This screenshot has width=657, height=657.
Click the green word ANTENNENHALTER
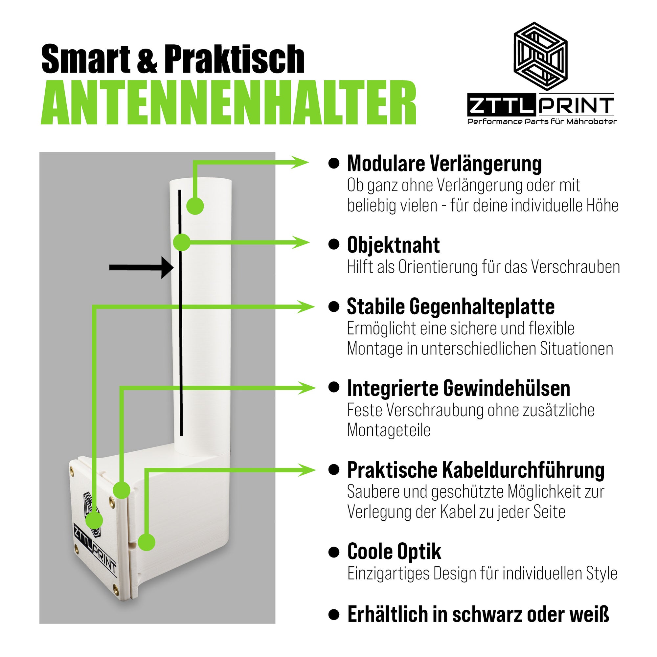pyautogui.click(x=229, y=103)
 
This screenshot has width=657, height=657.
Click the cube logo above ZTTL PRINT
pyautogui.click(x=540, y=57)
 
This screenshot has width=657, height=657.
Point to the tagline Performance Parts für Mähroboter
pyautogui.click(x=542, y=122)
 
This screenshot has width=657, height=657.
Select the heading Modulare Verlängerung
pyautogui.click(x=444, y=164)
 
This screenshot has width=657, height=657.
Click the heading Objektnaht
pyautogui.click(x=393, y=245)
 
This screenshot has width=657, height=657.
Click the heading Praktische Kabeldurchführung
pyautogui.click(x=475, y=470)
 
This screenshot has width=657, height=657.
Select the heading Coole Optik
pyautogui.click(x=394, y=552)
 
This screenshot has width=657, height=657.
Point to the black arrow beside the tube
pyautogui.click(x=141, y=268)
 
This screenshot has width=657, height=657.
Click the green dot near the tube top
pyautogui.click(x=195, y=206)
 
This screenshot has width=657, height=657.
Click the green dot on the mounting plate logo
pyautogui.click(x=94, y=521)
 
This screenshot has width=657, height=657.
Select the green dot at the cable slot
pyautogui.click(x=147, y=542)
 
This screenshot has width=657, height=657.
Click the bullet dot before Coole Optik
pyautogui.click(x=334, y=552)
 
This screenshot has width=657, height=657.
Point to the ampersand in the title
pyautogui.click(x=147, y=59)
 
